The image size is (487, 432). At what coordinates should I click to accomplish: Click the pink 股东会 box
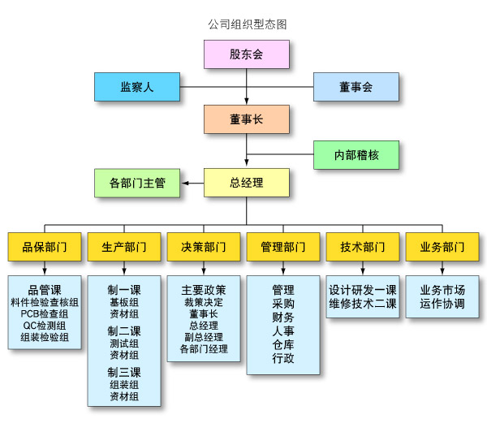click(246, 54)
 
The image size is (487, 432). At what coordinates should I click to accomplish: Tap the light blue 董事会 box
click(356, 87)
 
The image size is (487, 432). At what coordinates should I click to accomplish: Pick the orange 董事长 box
click(246, 119)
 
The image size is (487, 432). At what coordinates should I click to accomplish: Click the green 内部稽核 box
click(356, 154)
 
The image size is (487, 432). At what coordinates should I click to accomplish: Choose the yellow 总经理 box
click(246, 183)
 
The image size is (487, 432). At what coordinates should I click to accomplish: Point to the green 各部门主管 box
click(136, 183)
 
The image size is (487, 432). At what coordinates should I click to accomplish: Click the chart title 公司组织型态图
click(247, 24)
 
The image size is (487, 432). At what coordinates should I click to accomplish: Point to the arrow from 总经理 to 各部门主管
click(192, 183)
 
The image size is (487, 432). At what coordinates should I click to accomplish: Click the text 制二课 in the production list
click(124, 331)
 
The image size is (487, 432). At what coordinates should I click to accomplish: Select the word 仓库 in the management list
click(283, 344)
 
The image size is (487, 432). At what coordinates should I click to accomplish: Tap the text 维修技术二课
click(363, 304)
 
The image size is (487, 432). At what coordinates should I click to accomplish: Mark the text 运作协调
click(442, 304)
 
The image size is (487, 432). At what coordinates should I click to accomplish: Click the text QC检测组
click(45, 325)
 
